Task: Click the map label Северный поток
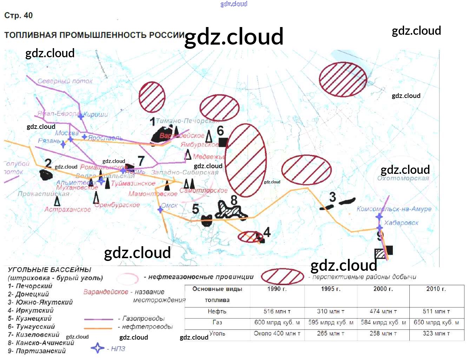[65, 81]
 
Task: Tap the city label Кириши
[95, 114]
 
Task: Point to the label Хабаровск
[401, 223]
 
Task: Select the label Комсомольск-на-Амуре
[394, 209]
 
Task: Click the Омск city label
[170, 205]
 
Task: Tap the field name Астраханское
[67, 209]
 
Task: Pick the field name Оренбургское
[117, 205]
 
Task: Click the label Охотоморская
[403, 178]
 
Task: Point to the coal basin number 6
[220, 131]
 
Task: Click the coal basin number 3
[332, 197]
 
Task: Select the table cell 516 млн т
[277, 312]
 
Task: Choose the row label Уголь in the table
[217, 333]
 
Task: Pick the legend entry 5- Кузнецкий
[30, 319]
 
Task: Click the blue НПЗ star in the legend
[97, 348]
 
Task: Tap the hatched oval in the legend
[283, 276]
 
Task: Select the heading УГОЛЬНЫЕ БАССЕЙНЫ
[50, 270]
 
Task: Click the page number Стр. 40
[18, 15]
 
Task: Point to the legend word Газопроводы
[144, 319]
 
